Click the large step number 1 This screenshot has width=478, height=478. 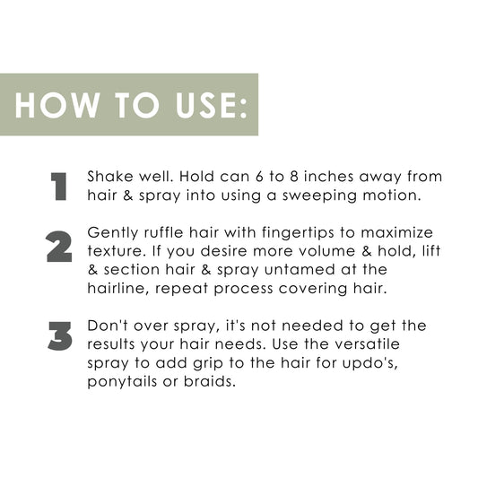(x=59, y=187)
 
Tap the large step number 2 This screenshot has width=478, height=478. (x=59, y=247)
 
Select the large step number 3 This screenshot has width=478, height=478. (x=60, y=335)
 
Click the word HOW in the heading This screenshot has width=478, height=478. (x=57, y=105)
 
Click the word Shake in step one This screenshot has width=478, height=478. (x=110, y=177)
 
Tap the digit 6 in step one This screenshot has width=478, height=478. (x=259, y=177)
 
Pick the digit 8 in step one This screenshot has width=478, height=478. (x=293, y=177)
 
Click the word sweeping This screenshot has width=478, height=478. (x=319, y=196)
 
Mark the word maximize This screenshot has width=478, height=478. (x=396, y=232)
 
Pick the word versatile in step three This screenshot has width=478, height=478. (x=367, y=343)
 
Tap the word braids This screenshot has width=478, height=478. (x=210, y=381)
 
